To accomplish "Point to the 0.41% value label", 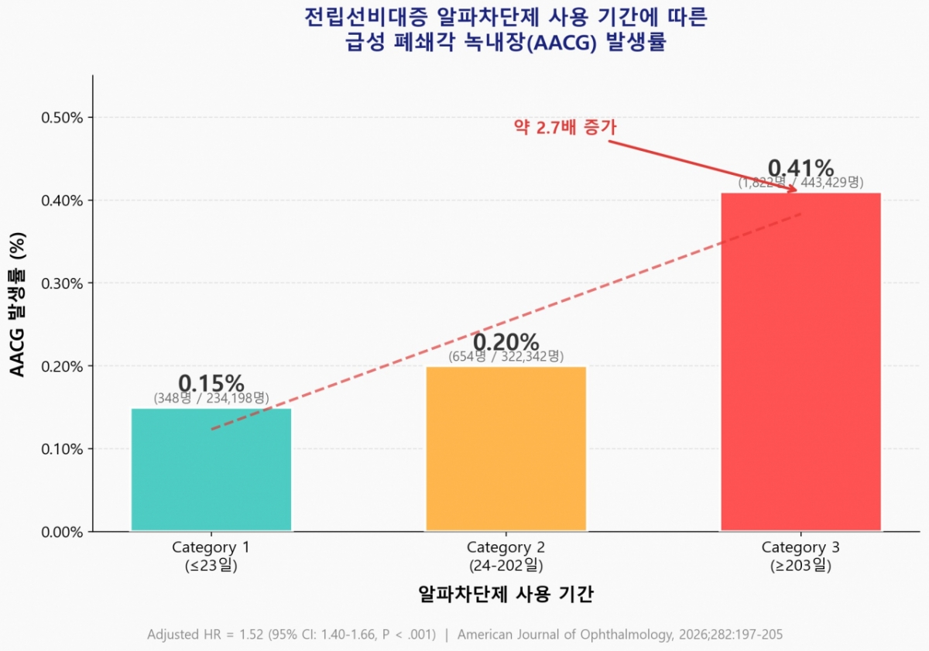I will pyautogui.click(x=800, y=168).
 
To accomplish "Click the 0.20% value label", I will pyautogui.click(x=506, y=341).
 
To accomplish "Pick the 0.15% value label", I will pyautogui.click(x=211, y=383).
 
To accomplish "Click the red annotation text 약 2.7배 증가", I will pyautogui.click(x=565, y=128).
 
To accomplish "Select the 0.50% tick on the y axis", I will pyautogui.click(x=61, y=118).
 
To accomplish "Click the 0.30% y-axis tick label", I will pyautogui.click(x=61, y=283).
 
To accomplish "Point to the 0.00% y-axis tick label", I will pyautogui.click(x=61, y=532).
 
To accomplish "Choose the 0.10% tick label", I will pyautogui.click(x=61, y=449).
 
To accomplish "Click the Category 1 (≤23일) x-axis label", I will pyautogui.click(x=211, y=557).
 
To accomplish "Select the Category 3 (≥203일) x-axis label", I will pyautogui.click(x=800, y=557).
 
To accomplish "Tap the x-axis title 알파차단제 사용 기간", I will pyautogui.click(x=506, y=594).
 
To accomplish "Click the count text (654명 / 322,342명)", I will pyautogui.click(x=506, y=357).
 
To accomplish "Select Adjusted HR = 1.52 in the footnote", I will pyautogui.click(x=206, y=635).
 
